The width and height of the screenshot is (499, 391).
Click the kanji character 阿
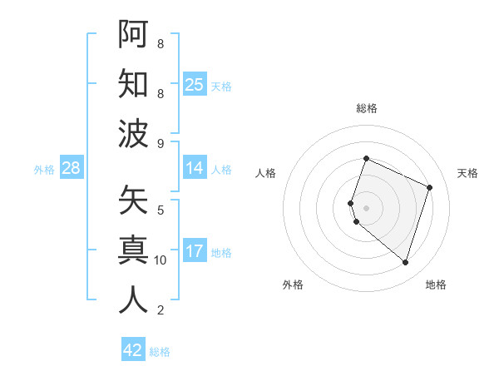134,33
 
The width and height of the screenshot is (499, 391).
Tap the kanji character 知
134,84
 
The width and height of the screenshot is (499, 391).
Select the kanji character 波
134,134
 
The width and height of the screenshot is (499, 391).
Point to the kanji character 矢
134,200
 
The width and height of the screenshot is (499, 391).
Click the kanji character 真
134,250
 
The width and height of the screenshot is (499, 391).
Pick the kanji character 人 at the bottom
134,299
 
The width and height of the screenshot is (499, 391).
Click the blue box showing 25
195,85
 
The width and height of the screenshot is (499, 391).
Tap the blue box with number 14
195,168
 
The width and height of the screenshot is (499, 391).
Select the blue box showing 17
195,251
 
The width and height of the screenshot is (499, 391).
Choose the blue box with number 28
72,168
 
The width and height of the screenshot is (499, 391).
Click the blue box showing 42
133,350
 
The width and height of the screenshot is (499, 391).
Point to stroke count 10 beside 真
161,260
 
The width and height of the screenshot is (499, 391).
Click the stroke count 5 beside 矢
161,210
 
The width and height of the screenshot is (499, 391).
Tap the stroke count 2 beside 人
161,310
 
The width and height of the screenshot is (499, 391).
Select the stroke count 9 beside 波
161,143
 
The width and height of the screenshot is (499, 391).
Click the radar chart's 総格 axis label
367,109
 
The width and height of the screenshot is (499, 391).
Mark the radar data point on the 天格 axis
430,187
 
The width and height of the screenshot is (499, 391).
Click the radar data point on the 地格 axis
405,262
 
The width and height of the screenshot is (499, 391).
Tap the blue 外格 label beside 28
44,169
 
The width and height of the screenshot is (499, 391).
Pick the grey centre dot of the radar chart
367,207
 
